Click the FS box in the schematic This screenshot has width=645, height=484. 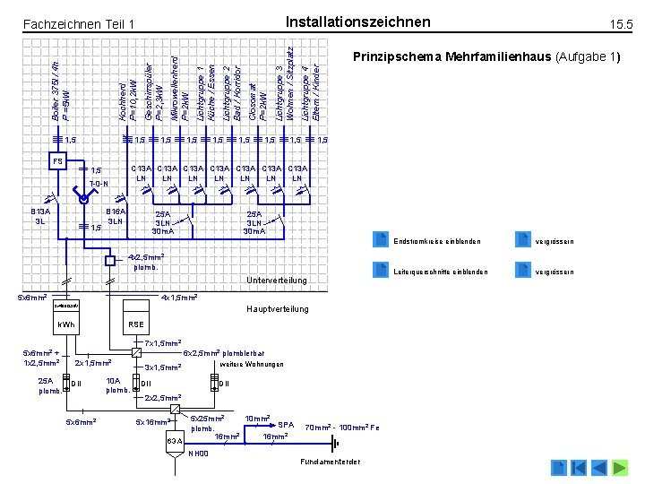click(57, 162)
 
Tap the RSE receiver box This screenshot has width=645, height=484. click(136, 324)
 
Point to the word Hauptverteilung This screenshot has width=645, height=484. click(277, 309)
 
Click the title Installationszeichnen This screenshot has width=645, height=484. click(357, 22)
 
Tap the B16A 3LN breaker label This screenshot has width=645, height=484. click(114, 216)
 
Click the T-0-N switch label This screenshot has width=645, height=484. click(99, 184)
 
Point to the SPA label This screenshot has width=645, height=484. click(286, 424)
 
